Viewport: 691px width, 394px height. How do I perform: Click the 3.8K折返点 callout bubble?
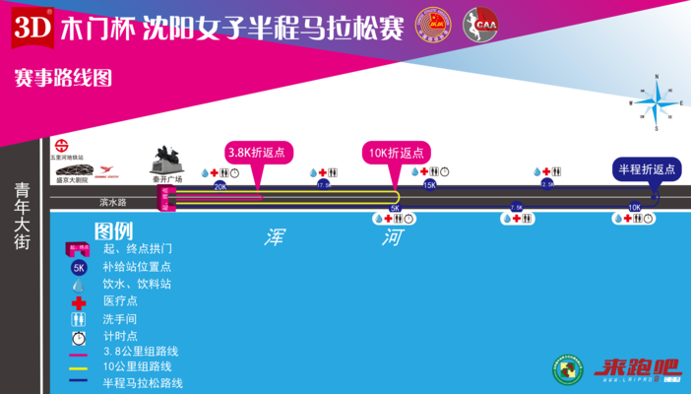(x=257, y=153)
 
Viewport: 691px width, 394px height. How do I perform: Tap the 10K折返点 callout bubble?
(x=397, y=153)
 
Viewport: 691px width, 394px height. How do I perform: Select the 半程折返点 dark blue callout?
(x=647, y=168)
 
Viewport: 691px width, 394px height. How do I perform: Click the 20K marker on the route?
(x=220, y=185)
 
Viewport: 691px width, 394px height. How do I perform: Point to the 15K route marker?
(x=429, y=185)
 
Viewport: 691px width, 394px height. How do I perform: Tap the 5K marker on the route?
(x=395, y=208)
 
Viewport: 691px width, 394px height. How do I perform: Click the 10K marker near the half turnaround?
(x=634, y=208)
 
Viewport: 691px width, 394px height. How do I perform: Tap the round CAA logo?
(x=479, y=26)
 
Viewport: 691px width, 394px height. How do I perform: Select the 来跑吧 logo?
(x=635, y=370)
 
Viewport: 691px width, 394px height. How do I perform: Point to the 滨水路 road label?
(x=115, y=202)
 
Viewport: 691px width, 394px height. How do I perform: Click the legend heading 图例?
(x=113, y=231)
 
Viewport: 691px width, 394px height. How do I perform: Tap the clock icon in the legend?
(x=79, y=336)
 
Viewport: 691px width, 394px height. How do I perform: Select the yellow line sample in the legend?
(x=79, y=367)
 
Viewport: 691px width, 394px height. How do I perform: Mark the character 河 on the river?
(x=394, y=237)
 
